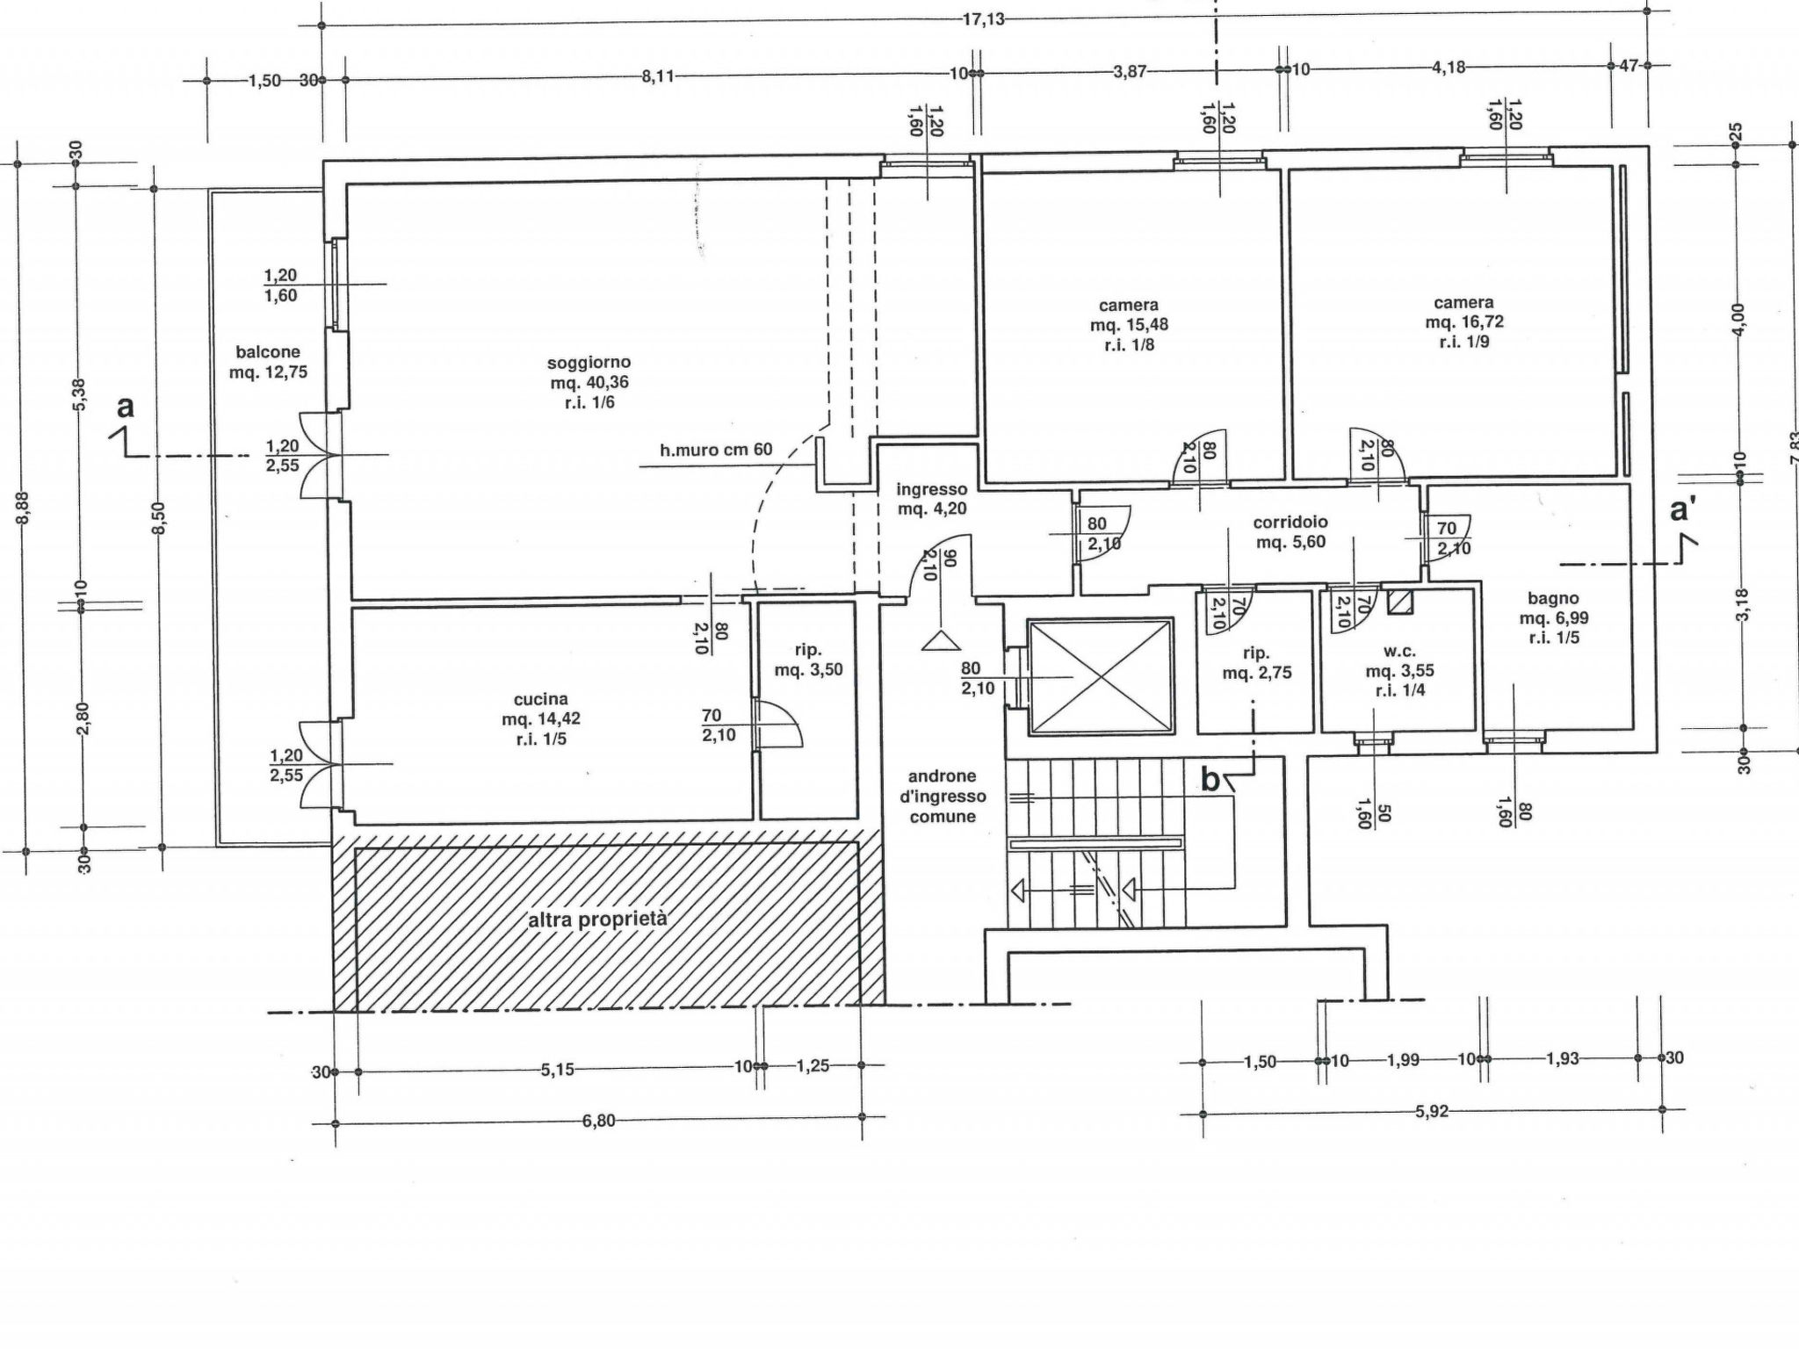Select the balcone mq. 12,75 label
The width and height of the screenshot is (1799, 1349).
click(268, 362)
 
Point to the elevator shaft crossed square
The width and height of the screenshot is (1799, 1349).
click(1101, 676)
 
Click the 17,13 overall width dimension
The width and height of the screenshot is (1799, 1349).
click(983, 18)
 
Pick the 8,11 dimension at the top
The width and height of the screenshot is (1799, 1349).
click(658, 76)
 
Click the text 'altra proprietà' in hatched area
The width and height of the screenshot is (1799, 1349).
click(597, 920)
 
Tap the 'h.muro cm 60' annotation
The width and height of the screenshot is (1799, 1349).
click(716, 450)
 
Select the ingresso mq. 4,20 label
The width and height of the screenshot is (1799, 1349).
click(932, 499)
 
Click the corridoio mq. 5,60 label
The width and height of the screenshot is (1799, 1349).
click(1290, 532)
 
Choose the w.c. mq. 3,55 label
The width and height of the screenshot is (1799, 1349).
click(1399, 671)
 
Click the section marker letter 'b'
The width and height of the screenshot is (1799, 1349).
click(1210, 780)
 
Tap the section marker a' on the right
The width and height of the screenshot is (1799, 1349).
click(1680, 509)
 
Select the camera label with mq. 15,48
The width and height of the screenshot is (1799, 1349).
click(1129, 324)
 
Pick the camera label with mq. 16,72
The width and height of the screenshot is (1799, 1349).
click(1464, 321)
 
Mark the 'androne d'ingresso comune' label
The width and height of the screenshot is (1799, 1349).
click(942, 797)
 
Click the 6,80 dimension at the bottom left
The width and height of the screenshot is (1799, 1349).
click(598, 1121)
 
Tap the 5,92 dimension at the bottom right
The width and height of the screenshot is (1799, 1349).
click(1431, 1111)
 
